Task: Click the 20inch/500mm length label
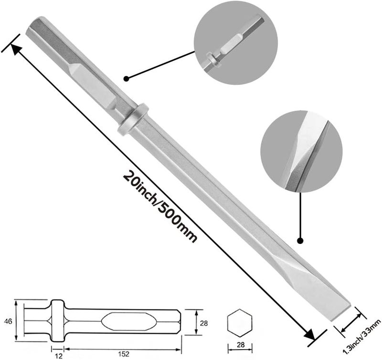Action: (x=160, y=207)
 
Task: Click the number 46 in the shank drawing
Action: (x=8, y=321)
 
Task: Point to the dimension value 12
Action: (x=59, y=356)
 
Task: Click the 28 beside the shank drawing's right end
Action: (x=204, y=323)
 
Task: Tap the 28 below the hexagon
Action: (x=241, y=345)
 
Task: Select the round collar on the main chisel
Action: (x=133, y=119)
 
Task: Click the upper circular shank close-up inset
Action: (x=235, y=43)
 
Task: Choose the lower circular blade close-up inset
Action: (x=301, y=151)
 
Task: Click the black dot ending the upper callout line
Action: (x=126, y=78)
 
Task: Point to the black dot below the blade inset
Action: (x=300, y=241)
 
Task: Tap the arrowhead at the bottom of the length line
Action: (x=309, y=335)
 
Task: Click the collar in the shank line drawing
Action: (x=58, y=321)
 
